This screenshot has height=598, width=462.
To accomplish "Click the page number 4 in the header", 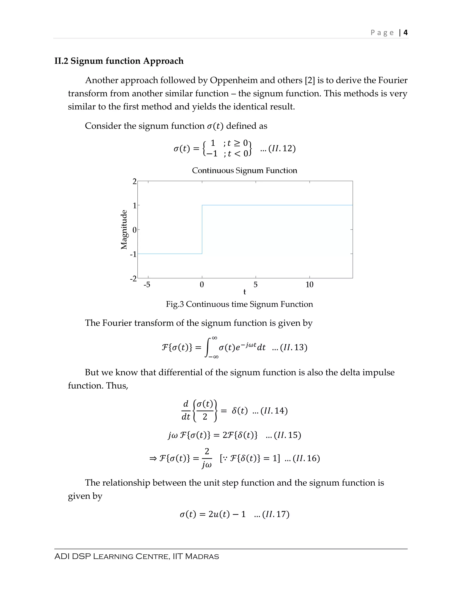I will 405,32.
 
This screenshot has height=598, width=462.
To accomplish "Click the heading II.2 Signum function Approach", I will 119,61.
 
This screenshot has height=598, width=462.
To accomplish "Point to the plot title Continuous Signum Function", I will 244,170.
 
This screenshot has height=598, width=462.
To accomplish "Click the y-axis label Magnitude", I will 124,229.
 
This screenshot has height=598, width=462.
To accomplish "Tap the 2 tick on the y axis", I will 134,181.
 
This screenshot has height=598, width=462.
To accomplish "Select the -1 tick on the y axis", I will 133,254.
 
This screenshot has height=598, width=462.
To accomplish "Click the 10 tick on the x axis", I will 309,285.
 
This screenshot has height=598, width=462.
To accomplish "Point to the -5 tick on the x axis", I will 147,285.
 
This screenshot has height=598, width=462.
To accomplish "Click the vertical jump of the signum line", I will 202,229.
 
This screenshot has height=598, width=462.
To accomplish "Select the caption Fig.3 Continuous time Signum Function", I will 239,304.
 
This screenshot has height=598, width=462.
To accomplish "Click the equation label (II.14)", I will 274,411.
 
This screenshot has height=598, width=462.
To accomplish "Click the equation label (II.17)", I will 275,514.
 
